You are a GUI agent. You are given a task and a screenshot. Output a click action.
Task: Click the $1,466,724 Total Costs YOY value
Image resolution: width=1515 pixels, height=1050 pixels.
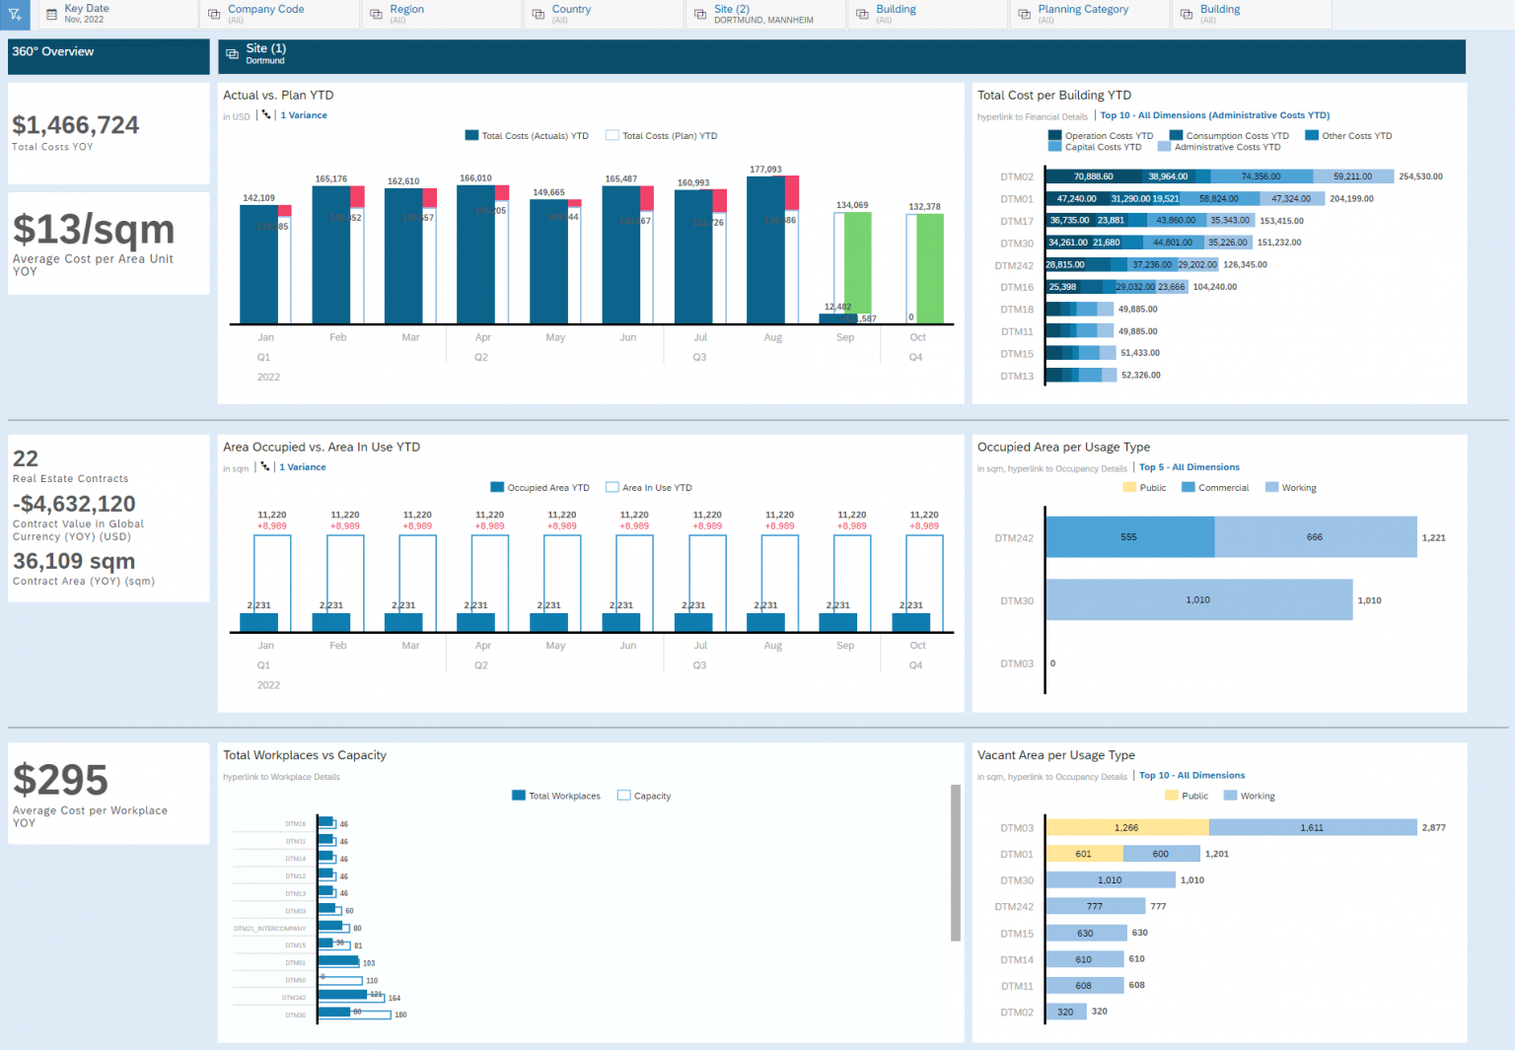pos(76,125)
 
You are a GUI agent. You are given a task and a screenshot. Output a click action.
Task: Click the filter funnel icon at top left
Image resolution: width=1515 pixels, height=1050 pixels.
pos(16,14)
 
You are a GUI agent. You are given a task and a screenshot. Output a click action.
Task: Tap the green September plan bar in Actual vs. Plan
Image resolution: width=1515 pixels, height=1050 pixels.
pos(857,261)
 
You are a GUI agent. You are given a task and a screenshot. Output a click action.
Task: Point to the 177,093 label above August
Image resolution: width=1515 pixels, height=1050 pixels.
pos(765,170)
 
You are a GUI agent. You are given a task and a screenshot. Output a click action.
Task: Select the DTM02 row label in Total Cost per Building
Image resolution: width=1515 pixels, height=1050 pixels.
pos(1017,177)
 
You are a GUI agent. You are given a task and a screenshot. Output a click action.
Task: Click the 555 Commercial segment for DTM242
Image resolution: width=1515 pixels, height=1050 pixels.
pos(1129,537)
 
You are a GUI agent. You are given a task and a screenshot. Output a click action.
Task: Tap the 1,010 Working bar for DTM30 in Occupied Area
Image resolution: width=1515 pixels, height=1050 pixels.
pos(1198,599)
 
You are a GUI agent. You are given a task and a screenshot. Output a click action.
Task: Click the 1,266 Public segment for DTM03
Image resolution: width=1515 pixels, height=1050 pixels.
pos(1126,828)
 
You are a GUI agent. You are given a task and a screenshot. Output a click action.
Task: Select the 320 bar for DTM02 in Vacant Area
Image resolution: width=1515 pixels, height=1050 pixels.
pos(1065,1012)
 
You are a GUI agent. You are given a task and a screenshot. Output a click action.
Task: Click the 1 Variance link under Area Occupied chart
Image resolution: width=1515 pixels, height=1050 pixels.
pos(302,467)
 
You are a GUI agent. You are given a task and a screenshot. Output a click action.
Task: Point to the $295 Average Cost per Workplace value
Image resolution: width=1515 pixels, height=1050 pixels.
pos(61,780)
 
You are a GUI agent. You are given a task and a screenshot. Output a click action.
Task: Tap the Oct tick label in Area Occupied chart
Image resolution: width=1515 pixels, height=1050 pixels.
pos(917,646)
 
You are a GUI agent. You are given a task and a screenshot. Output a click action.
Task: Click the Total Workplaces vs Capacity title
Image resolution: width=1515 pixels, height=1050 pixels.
pos(305,755)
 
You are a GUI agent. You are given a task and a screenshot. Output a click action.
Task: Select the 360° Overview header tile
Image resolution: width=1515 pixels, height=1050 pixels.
pos(108,56)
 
